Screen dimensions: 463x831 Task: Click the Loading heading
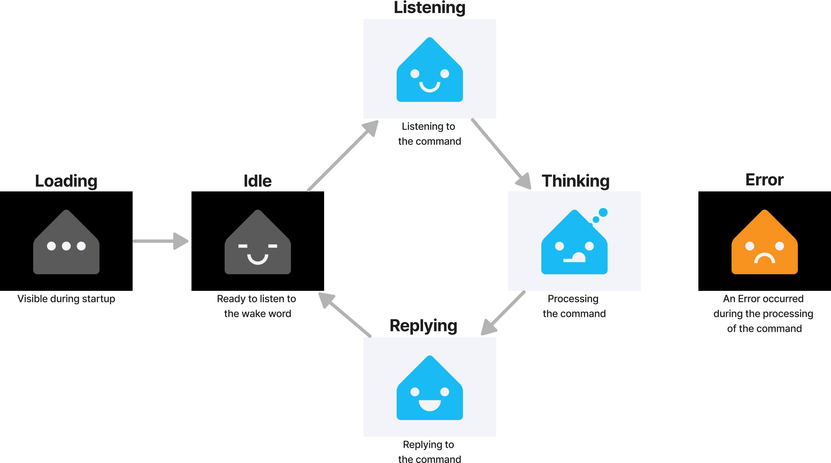tap(66, 181)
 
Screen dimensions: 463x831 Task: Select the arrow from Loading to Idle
tap(160, 241)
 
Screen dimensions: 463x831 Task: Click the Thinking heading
tap(575, 181)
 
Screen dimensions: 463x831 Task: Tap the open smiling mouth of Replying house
tap(429, 405)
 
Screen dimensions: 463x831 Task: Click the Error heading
tap(764, 180)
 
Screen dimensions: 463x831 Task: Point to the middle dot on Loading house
tap(66, 246)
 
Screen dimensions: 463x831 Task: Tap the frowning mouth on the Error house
tap(764, 259)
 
